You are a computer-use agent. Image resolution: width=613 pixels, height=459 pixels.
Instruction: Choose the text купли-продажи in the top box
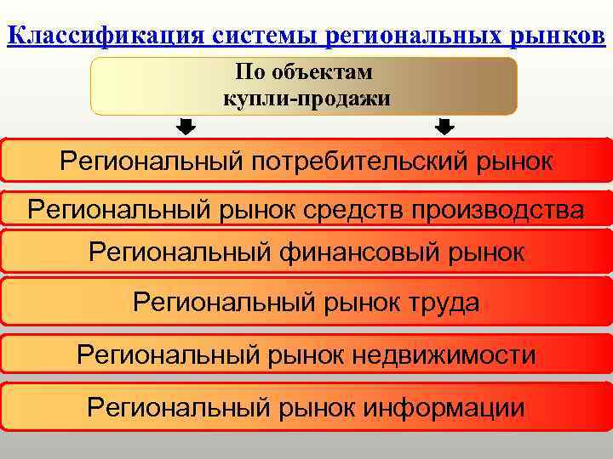tap(306, 99)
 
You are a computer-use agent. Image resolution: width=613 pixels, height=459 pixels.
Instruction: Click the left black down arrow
tap(186, 127)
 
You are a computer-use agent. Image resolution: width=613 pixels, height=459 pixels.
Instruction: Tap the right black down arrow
tap(444, 127)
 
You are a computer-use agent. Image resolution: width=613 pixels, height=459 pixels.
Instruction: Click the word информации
tap(444, 407)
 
